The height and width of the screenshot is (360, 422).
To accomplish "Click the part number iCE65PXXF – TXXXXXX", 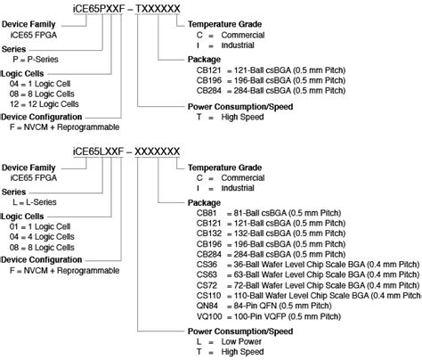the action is click(x=126, y=9).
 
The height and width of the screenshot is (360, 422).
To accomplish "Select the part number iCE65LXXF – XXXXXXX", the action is click(x=126, y=151).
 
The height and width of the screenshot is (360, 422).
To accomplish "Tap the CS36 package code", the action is click(x=207, y=265).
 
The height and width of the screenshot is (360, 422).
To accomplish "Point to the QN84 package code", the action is click(x=207, y=306).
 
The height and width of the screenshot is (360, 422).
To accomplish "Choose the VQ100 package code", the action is click(x=209, y=316).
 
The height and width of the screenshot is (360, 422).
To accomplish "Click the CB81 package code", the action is click(x=207, y=213).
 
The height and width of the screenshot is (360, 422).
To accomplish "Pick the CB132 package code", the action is click(x=209, y=233).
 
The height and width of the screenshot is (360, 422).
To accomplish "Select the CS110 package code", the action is click(x=208, y=296).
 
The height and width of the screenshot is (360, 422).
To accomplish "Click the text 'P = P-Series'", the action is click(x=36, y=60).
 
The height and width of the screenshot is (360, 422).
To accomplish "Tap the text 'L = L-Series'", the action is click(x=35, y=202).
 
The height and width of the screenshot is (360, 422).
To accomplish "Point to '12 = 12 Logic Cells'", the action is click(x=45, y=104).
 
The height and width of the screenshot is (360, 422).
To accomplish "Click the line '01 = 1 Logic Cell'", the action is click(x=40, y=226).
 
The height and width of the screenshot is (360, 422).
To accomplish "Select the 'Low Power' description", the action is click(x=241, y=341).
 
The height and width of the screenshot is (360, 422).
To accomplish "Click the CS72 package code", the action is click(x=207, y=285).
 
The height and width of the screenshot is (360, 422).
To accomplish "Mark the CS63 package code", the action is click(x=207, y=274).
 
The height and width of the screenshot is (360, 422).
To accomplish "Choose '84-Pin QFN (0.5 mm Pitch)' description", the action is click(x=282, y=306).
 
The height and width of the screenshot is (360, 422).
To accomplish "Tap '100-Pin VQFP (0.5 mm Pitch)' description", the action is click(x=288, y=316).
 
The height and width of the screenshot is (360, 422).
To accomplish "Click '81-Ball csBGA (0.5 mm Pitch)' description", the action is click(x=288, y=213).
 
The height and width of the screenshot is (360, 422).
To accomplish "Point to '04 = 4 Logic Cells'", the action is click(x=42, y=237).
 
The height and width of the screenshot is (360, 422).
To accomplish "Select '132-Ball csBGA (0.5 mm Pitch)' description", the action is click(x=289, y=233).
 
